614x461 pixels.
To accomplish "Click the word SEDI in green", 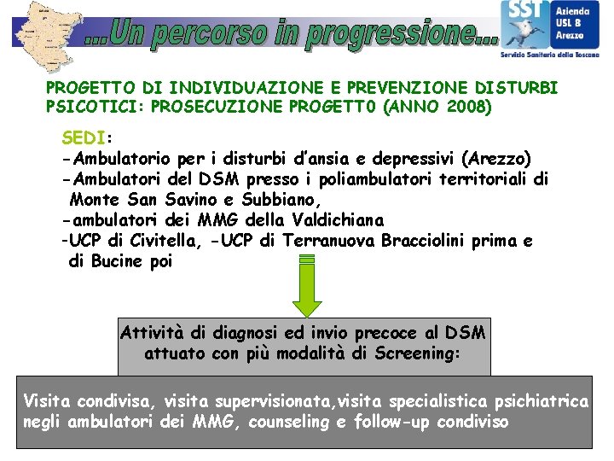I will click(x=83, y=138).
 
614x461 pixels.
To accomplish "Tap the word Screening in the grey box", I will click(x=418, y=353).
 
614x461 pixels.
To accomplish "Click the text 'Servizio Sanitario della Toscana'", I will click(x=550, y=55).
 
